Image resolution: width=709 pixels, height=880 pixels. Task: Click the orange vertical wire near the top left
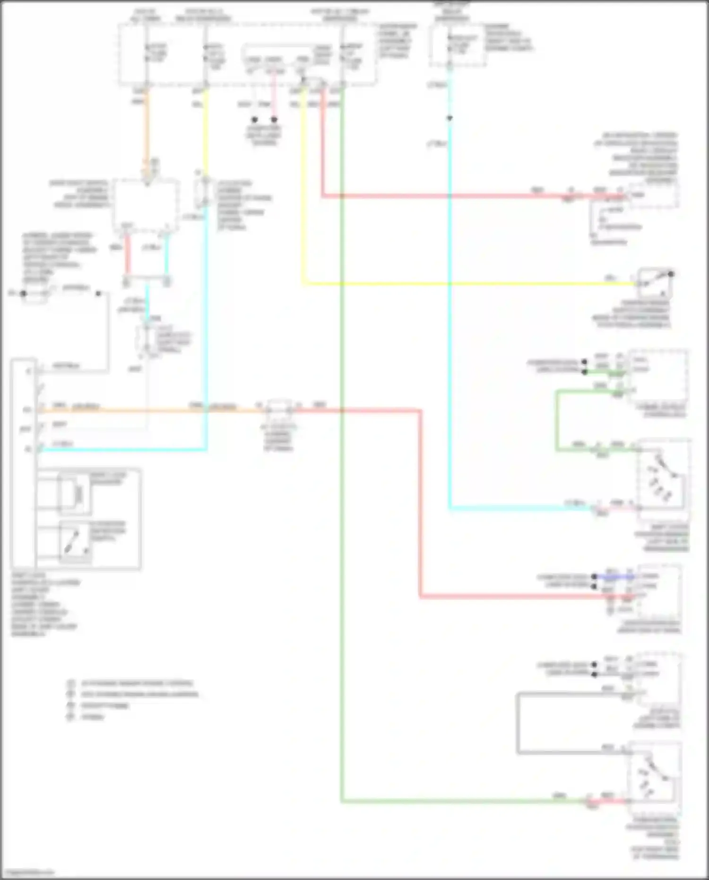click(x=147, y=132)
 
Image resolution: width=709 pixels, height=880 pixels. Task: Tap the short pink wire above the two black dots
click(x=274, y=95)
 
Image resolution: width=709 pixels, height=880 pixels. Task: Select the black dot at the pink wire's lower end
click(x=274, y=120)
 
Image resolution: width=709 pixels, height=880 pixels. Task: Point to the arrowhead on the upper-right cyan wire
click(x=450, y=118)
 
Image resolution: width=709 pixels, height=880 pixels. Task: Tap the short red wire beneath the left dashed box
click(x=127, y=255)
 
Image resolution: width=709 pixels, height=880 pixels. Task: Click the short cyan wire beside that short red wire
click(x=166, y=255)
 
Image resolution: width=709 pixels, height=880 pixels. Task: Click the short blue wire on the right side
click(x=614, y=577)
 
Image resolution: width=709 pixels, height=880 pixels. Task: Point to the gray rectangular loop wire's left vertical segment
click(x=518, y=723)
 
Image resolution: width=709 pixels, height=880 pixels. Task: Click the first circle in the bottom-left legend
click(x=71, y=683)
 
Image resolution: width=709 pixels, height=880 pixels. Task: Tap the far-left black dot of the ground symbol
click(x=23, y=293)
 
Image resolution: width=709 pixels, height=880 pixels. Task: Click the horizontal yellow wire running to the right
click(x=473, y=284)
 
